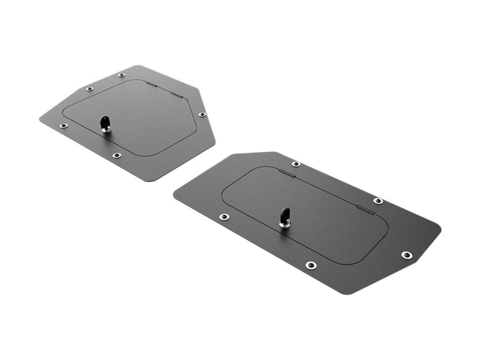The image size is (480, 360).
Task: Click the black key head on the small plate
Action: (x=106, y=120)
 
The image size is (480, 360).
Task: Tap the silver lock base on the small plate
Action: (x=106, y=128)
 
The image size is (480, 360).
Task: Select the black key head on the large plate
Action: (x=284, y=214)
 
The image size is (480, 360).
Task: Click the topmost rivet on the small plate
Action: (x=121, y=75)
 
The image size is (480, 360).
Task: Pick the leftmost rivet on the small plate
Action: (x=64, y=126)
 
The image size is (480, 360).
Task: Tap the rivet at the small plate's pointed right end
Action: (x=202, y=114)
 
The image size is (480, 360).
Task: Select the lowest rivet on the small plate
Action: (x=116, y=155)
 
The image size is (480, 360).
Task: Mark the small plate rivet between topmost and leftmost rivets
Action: (x=89, y=89)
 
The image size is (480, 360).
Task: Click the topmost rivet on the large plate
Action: (x=296, y=164)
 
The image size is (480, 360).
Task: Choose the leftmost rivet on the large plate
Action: (x=224, y=217)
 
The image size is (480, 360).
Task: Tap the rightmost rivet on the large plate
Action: (x=407, y=255)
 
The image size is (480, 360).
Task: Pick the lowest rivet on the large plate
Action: (x=310, y=265)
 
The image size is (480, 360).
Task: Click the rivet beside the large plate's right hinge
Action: (x=378, y=201)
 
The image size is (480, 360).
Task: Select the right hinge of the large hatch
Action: (x=362, y=209)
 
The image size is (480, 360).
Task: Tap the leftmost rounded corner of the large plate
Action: (x=176, y=194)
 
